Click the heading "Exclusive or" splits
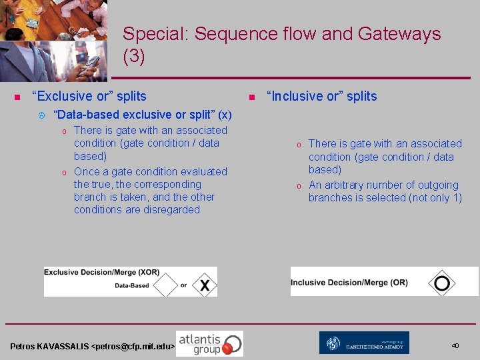click(89, 97)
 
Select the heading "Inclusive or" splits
click(321, 97)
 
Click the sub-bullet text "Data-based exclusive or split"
click(136, 115)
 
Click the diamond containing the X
click(205, 285)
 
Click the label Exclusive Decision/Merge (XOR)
click(102, 273)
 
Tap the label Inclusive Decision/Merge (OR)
click(349, 283)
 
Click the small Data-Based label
click(132, 286)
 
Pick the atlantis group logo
click(209, 343)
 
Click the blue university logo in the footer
click(364, 343)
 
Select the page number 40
click(455, 346)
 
